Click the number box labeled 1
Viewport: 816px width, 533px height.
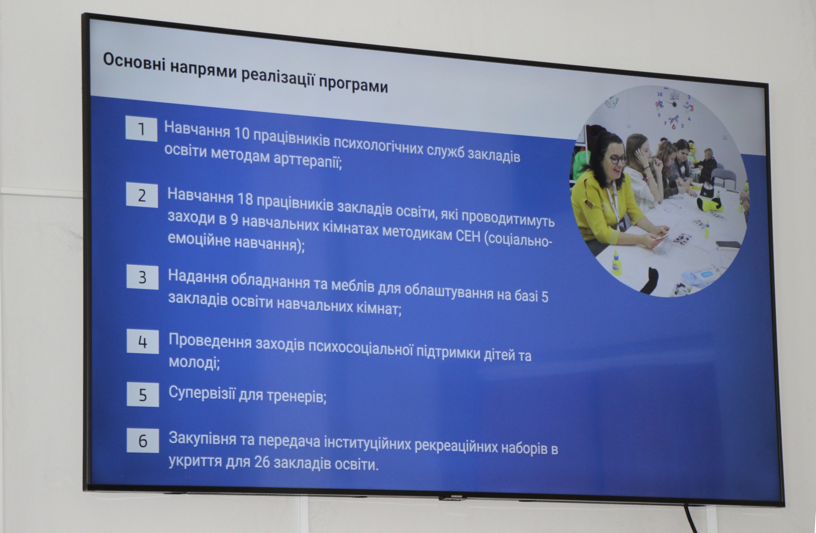141,129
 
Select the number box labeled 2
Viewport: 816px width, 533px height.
142,196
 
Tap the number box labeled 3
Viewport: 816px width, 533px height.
143,277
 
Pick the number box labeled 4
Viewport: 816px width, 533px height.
143,342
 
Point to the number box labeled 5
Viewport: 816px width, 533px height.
143,395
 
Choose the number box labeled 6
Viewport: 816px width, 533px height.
143,441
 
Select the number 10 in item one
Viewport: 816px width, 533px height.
242,134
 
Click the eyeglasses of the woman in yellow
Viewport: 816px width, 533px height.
617,159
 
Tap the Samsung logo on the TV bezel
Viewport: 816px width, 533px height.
457,496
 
